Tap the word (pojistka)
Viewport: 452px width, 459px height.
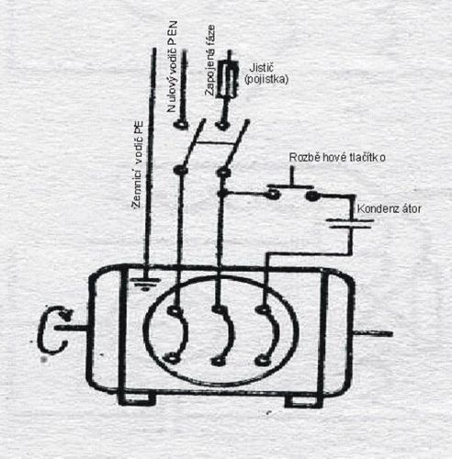click(x=266, y=79)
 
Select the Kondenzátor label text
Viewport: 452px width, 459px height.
click(x=389, y=209)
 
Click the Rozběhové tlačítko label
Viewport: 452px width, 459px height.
click(x=337, y=157)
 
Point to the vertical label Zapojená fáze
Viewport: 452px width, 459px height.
click(x=210, y=61)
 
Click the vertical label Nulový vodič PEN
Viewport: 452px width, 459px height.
click(x=172, y=67)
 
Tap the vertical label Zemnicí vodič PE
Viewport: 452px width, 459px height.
click(x=138, y=165)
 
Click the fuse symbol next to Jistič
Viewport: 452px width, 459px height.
click(x=228, y=80)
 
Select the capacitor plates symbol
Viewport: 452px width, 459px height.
click(x=350, y=224)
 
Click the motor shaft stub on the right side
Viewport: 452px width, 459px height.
click(x=373, y=333)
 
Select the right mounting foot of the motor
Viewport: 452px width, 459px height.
click(x=304, y=401)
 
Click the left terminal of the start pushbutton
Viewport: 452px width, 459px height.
click(x=273, y=194)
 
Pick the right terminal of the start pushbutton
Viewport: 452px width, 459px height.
click(x=312, y=196)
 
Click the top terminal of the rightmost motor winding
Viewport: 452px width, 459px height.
click(x=263, y=309)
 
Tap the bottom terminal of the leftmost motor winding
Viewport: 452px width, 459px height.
click(x=171, y=358)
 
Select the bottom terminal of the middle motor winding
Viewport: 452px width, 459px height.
click(x=218, y=361)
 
